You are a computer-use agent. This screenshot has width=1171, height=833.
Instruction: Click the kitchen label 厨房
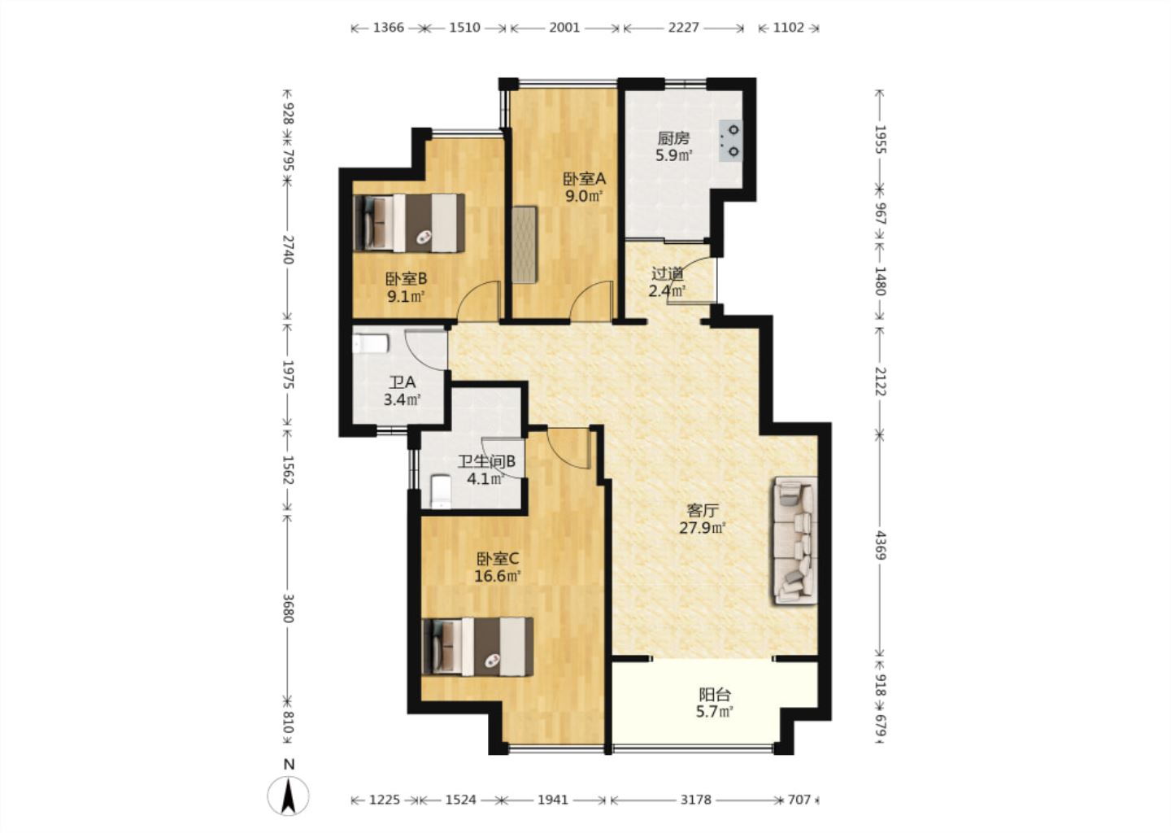tap(673, 138)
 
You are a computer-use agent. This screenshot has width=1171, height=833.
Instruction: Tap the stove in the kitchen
tap(730, 140)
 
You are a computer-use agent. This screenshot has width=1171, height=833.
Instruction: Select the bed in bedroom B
tap(409, 223)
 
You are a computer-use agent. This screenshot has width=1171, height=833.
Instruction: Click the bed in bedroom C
tap(478, 647)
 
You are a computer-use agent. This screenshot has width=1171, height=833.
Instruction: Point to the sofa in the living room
tap(794, 541)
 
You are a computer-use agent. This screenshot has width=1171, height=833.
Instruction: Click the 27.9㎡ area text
tap(703, 528)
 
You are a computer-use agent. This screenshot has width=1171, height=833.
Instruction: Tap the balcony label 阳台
tap(715, 695)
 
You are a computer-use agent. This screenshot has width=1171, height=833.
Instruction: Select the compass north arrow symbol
tap(288, 796)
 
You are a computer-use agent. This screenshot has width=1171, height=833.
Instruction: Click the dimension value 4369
tap(881, 545)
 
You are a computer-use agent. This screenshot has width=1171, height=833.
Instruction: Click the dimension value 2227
tap(683, 28)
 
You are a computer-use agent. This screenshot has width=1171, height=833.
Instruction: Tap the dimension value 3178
tap(696, 800)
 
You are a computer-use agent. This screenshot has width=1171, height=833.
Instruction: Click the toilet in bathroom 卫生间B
tap(442, 491)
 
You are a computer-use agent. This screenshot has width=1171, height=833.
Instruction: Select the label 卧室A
tap(584, 179)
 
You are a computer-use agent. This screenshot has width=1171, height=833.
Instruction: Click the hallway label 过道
tap(668, 273)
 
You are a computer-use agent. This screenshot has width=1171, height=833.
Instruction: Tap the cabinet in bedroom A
tap(525, 245)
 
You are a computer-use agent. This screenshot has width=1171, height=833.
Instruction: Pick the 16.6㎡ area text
tap(498, 576)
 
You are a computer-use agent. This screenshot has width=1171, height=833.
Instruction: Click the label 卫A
tap(403, 382)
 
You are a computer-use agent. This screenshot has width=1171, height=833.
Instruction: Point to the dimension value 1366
tap(389, 28)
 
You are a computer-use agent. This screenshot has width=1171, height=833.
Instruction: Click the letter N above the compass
tap(289, 765)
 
